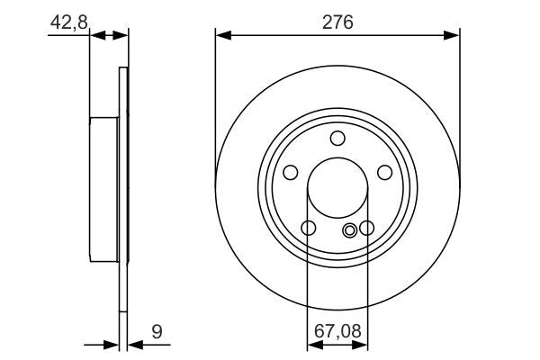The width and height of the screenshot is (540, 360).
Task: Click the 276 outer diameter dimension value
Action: coord(337,20)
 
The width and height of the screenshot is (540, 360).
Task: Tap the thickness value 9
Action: coord(157,331)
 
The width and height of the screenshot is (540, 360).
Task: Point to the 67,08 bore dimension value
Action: coord(337,331)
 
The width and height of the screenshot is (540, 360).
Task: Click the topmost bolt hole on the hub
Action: coord(337,138)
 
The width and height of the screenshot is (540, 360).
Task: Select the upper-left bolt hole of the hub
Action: coord(291,172)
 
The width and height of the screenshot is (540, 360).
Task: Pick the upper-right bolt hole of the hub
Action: coord(384,172)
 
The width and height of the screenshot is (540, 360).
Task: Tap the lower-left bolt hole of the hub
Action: coord(308,228)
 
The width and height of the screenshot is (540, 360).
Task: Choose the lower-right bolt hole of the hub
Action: coord(366,228)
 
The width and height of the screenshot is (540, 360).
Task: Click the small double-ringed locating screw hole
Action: coord(350,229)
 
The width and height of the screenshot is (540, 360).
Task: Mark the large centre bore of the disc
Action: coord(337,189)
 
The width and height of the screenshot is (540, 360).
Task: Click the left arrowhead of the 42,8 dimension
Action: coord(98,35)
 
